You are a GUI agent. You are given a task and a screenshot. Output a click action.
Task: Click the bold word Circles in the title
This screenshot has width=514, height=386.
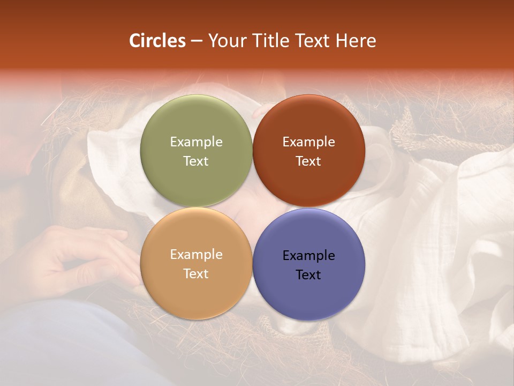click(x=157, y=41)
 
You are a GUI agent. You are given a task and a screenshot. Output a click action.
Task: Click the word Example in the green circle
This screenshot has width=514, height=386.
click(x=196, y=142)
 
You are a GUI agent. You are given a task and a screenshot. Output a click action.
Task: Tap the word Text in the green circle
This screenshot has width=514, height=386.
click(x=196, y=161)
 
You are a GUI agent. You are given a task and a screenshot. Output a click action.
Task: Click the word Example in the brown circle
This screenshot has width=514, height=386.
click(x=308, y=142)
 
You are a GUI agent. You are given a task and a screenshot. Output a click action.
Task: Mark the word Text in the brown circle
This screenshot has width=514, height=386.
click(x=308, y=161)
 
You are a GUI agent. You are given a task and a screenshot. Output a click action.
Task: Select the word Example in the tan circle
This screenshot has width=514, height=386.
click(x=196, y=255)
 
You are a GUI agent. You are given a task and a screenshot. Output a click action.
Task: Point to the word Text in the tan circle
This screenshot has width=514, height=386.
click(x=196, y=274)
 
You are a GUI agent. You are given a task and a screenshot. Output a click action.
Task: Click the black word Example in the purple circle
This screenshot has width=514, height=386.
click(x=308, y=256)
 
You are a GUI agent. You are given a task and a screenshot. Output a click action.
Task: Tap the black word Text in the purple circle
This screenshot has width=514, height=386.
click(x=308, y=275)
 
